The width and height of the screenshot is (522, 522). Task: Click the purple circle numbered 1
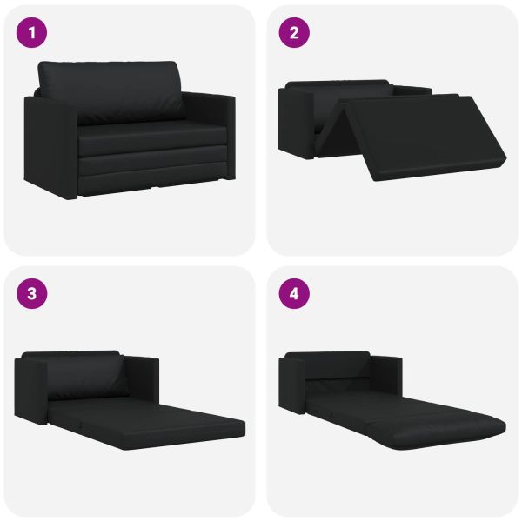click(x=31, y=33)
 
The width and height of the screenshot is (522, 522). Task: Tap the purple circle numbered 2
click(x=294, y=33)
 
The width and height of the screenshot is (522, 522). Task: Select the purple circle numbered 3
click(x=31, y=294)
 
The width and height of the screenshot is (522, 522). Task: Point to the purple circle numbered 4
click(x=294, y=294)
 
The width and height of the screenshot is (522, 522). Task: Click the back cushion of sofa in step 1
click(x=111, y=91)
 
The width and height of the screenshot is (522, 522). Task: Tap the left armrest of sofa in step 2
click(x=297, y=122)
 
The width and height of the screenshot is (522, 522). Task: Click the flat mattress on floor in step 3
click(x=146, y=425)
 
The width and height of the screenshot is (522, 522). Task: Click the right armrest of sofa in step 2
click(x=412, y=90)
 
